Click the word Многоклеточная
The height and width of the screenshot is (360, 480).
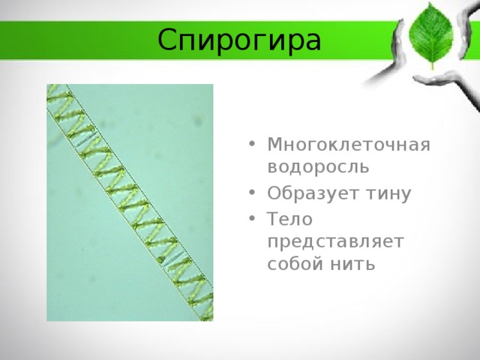(x=349, y=145)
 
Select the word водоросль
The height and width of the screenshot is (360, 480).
(x=318, y=166)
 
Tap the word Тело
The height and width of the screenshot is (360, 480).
(x=290, y=219)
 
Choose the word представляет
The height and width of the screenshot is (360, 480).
(x=335, y=242)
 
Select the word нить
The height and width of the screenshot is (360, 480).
(x=352, y=264)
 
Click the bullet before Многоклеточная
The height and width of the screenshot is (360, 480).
(x=252, y=143)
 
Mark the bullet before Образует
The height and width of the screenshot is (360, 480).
(x=252, y=193)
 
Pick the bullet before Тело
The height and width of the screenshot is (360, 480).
(x=252, y=218)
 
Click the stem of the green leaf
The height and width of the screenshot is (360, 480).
(x=432, y=65)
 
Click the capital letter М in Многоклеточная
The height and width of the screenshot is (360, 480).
(x=277, y=144)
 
